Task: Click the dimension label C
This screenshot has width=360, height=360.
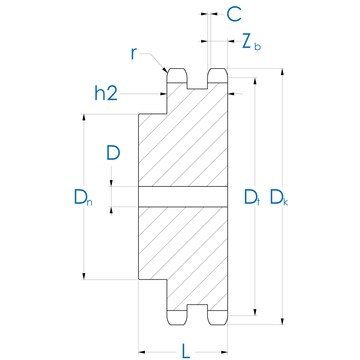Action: point(234,14)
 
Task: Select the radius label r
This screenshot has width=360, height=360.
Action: point(134,54)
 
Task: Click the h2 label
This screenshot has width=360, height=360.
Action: point(106,94)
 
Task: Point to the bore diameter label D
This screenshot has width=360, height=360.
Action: point(113,153)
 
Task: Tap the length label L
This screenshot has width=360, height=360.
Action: point(185,351)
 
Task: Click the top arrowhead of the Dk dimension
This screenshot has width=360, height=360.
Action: point(283,72)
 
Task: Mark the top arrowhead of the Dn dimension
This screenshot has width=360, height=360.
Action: point(84,117)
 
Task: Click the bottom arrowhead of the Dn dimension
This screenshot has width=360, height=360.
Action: point(84,276)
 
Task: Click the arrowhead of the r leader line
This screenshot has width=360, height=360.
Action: point(166,71)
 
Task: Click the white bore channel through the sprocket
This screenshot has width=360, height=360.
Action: point(183,197)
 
